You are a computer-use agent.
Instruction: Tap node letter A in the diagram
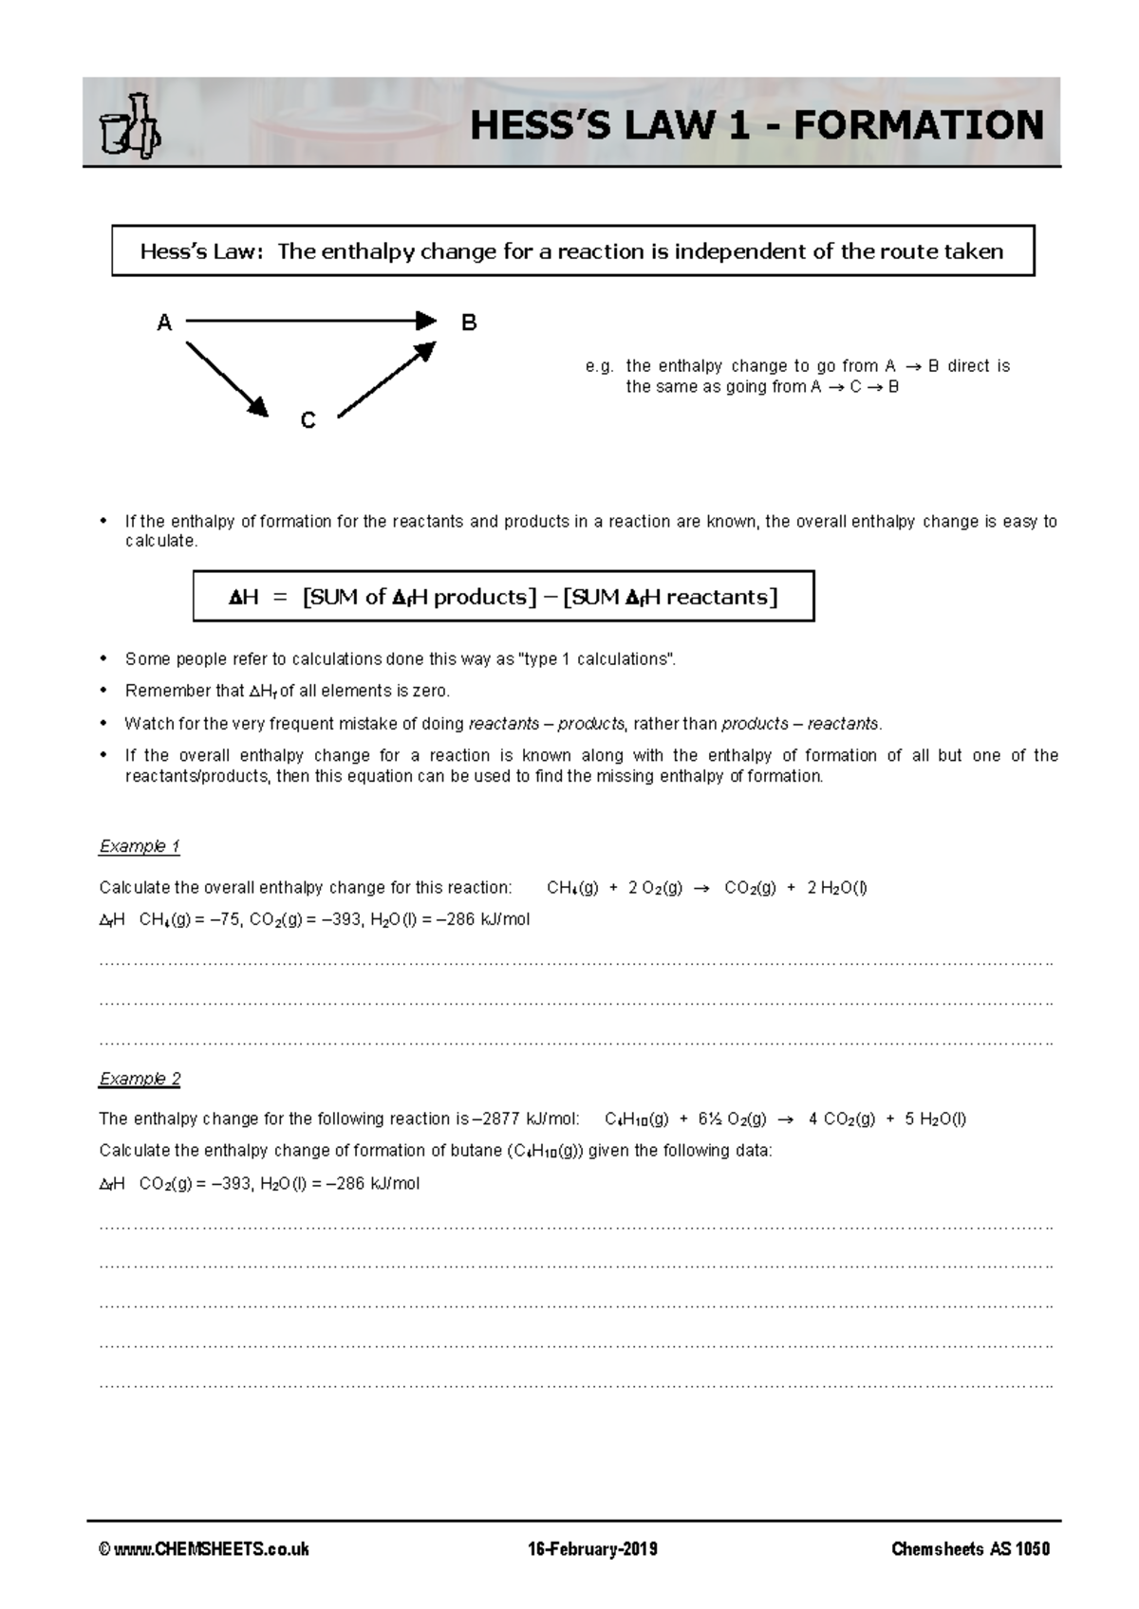(164, 324)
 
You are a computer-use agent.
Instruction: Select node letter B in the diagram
(468, 324)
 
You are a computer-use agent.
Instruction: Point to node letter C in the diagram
(308, 421)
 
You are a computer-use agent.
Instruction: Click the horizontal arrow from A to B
(310, 321)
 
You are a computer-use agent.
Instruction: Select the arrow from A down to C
(227, 379)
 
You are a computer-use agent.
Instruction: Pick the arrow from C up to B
(386, 379)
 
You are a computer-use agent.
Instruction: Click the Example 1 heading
(140, 846)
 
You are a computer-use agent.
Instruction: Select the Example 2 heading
(140, 1079)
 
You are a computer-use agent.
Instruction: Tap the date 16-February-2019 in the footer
(592, 1549)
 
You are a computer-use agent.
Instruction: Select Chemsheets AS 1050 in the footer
(970, 1549)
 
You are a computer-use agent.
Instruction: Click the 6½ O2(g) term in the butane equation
(732, 1119)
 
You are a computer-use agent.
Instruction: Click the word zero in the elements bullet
(429, 692)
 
